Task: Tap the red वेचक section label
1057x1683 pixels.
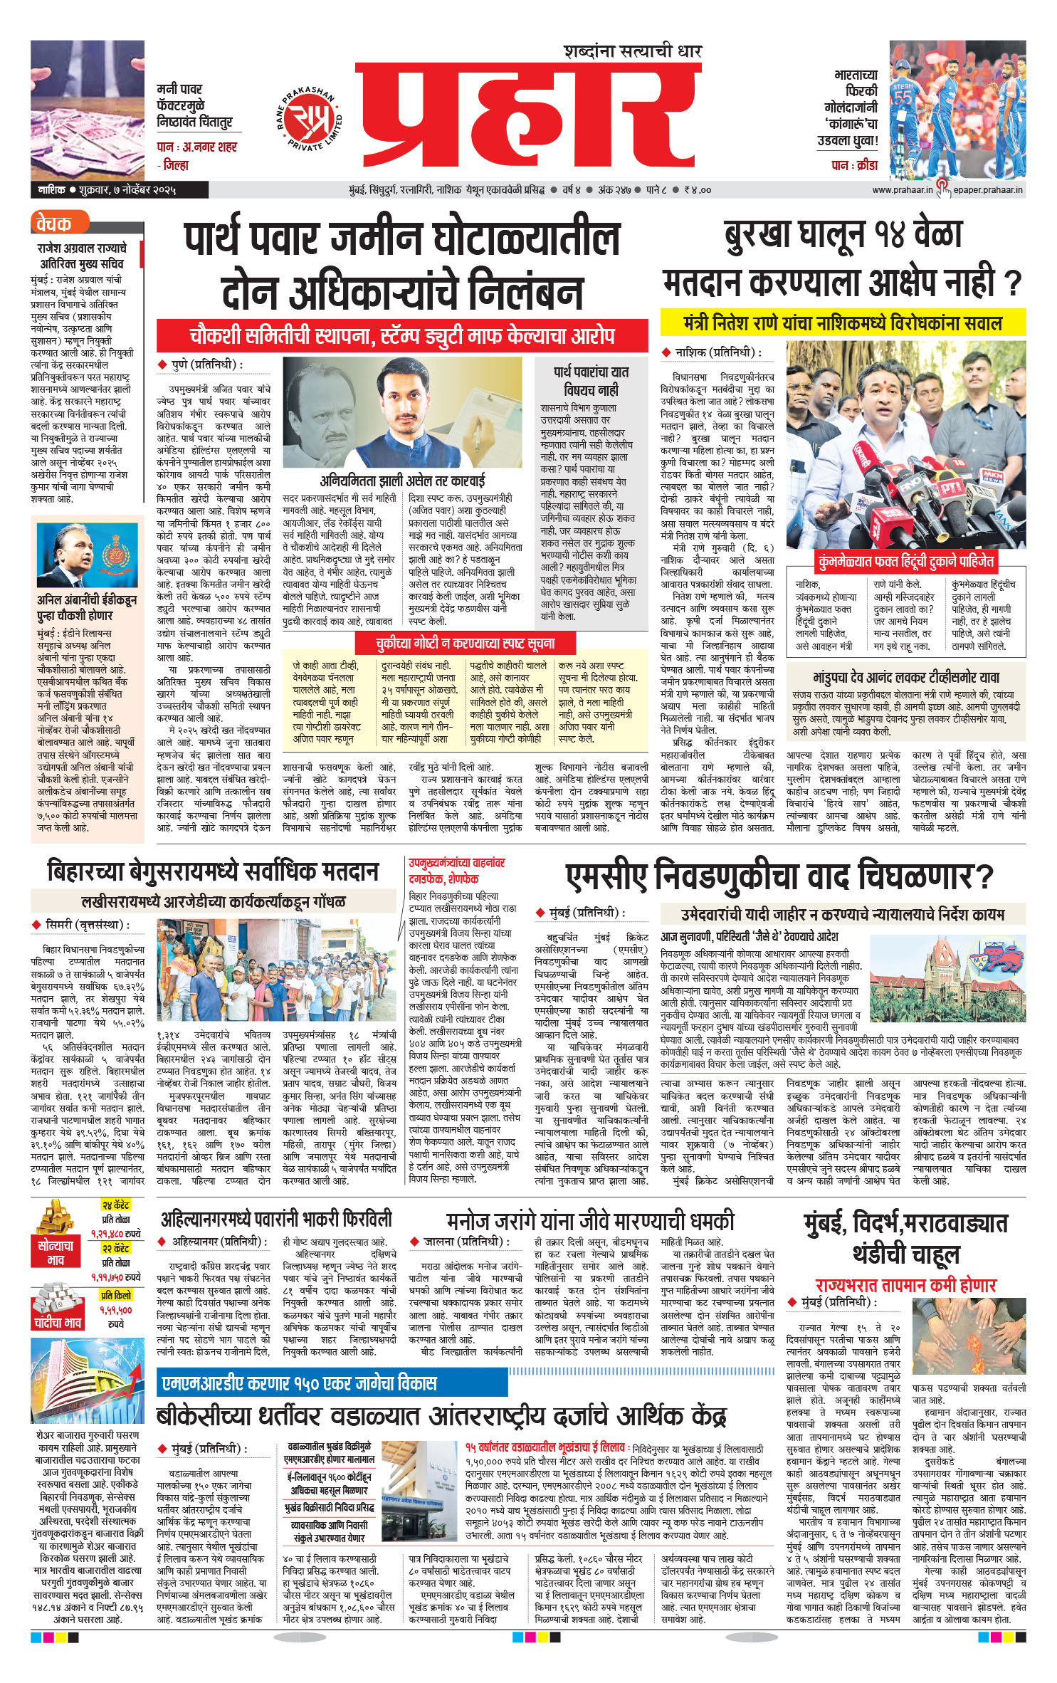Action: click(x=53, y=224)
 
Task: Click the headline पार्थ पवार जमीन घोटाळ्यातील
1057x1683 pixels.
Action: click(x=401, y=239)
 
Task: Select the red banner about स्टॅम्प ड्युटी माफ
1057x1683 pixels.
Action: click(x=402, y=336)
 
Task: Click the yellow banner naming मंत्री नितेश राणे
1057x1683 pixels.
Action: click(x=843, y=323)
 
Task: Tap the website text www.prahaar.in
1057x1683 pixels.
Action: click(x=901, y=189)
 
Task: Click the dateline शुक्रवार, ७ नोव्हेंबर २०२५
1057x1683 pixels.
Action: click(x=128, y=190)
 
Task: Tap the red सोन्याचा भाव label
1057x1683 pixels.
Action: click(x=56, y=1252)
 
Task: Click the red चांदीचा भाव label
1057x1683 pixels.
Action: click(x=58, y=1322)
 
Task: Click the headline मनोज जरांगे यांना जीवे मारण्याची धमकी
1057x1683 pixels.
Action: click(x=590, y=1221)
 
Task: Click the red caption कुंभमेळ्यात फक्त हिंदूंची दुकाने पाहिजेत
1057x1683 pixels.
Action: click(x=905, y=562)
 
